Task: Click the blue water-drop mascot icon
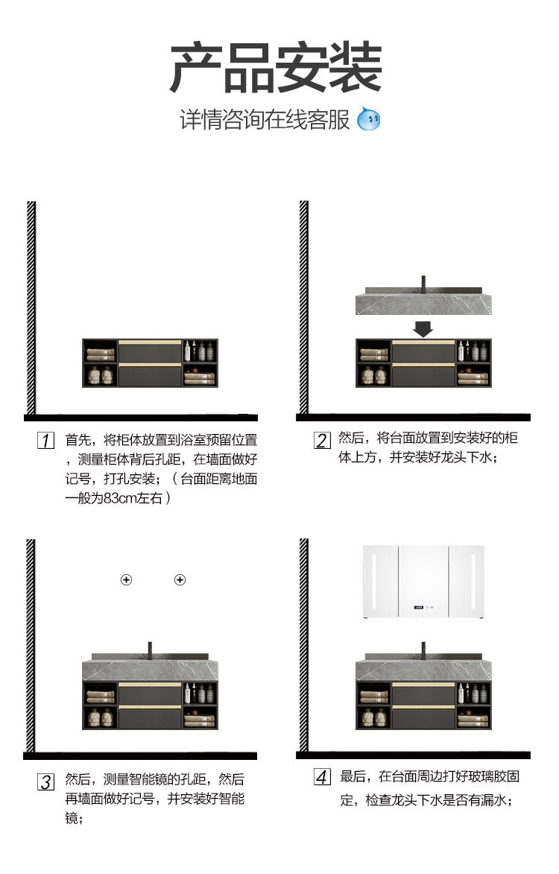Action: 368,119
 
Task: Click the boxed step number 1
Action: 46,439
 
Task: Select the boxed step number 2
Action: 322,439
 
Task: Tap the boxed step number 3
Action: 46,781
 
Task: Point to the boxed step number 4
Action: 322,777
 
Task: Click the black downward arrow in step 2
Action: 423,328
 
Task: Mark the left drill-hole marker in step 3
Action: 127,580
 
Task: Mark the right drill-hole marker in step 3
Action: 180,580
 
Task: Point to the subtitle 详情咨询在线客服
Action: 265,119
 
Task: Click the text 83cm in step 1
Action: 120,497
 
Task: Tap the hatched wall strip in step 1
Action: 31,306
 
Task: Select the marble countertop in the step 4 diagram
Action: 423,670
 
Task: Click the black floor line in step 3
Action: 142,755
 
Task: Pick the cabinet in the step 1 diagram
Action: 150,363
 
